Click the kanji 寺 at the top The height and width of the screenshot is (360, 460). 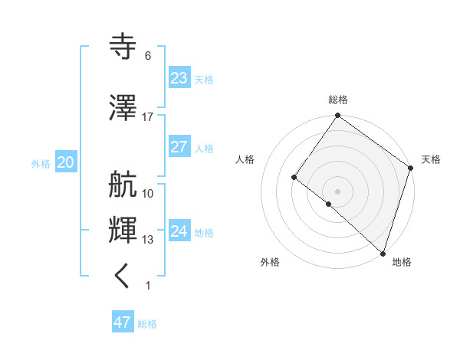point(123,47)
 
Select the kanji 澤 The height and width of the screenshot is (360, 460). point(123,109)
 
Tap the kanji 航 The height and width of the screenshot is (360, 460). point(123,185)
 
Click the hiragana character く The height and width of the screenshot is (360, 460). point(123,277)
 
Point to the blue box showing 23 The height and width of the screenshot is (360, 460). point(179,78)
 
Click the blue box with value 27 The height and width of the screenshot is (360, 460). point(179,147)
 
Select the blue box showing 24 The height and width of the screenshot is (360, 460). point(179,231)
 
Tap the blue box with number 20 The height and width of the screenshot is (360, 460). point(65,162)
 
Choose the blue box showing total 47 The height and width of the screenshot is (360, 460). point(123,322)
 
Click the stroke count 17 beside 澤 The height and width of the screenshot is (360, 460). point(148,117)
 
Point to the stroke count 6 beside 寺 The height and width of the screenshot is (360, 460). point(148,56)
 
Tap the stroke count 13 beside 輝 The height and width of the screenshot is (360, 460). point(148,240)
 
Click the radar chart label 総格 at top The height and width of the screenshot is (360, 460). point(338,100)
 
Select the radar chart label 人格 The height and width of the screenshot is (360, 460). point(245,159)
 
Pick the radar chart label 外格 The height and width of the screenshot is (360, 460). point(270,262)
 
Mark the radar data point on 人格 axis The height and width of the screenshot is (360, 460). point(294,178)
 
